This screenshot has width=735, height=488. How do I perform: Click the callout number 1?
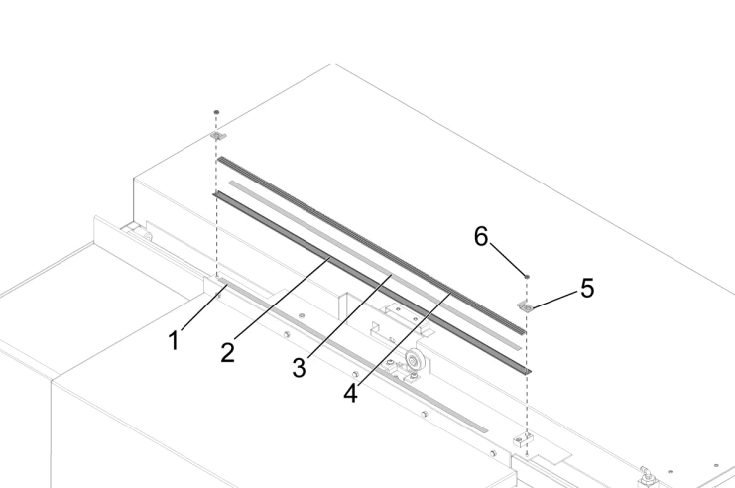point(174,341)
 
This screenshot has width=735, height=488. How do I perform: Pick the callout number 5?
point(587,289)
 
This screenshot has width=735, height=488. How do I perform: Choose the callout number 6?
point(481,237)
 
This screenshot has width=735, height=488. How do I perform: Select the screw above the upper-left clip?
point(217,113)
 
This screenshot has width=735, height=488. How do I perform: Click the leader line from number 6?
point(506,260)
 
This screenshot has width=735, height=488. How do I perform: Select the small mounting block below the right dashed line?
point(523,436)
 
